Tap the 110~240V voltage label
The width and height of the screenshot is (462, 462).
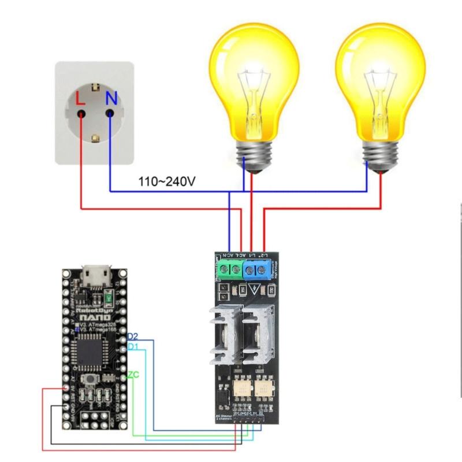coord(166,182)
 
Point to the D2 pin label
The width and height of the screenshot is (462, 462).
coord(132,336)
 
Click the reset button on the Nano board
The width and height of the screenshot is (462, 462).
coord(90,379)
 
